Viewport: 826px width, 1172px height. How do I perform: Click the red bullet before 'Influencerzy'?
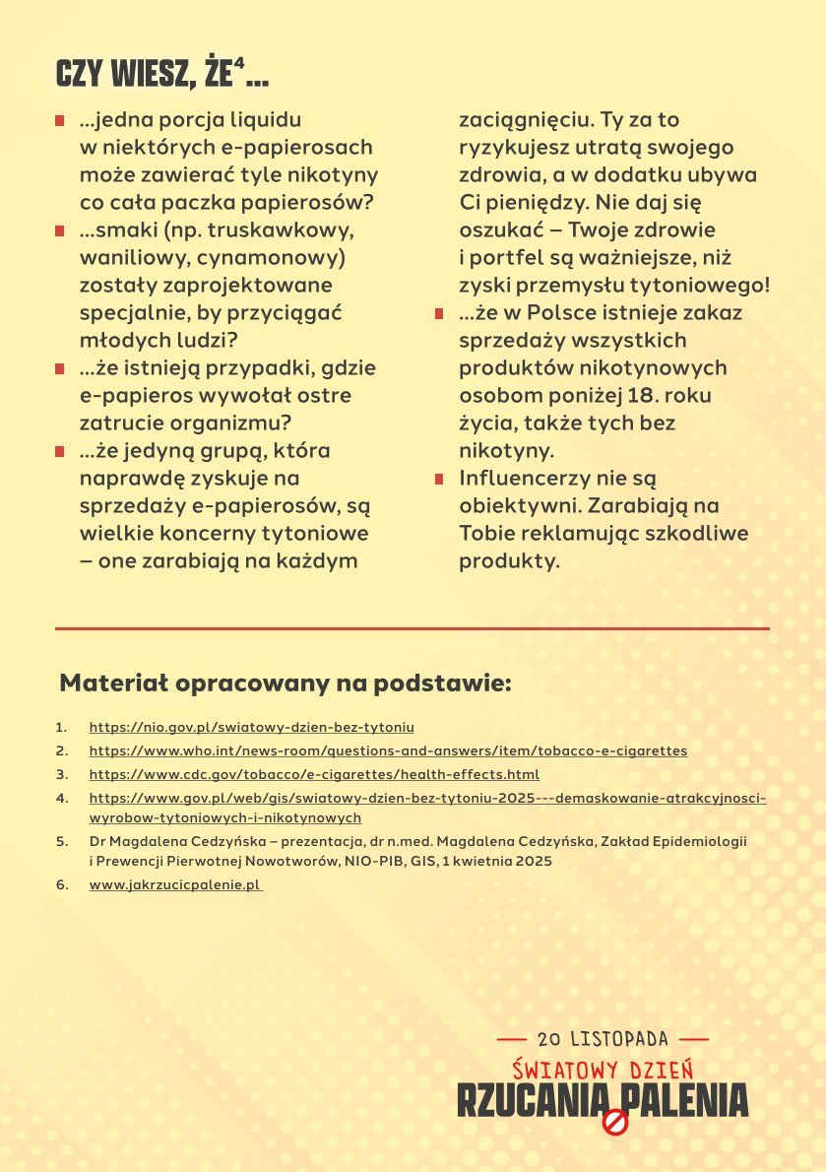pyautogui.click(x=440, y=480)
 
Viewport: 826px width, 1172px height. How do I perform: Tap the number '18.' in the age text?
pyautogui.click(x=641, y=396)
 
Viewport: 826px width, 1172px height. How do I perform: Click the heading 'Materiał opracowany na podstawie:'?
pyautogui.click(x=286, y=683)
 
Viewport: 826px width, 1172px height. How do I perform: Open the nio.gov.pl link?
pyautogui.click(x=251, y=728)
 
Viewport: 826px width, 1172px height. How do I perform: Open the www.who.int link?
pyautogui.click(x=388, y=750)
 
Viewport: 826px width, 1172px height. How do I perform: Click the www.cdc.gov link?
pyautogui.click(x=314, y=774)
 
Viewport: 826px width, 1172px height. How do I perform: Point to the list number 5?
pyautogui.click(x=61, y=842)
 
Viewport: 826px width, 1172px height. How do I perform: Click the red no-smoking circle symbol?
pyautogui.click(x=615, y=1122)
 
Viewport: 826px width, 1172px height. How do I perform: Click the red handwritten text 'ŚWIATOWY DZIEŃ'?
pyautogui.click(x=604, y=1069)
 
